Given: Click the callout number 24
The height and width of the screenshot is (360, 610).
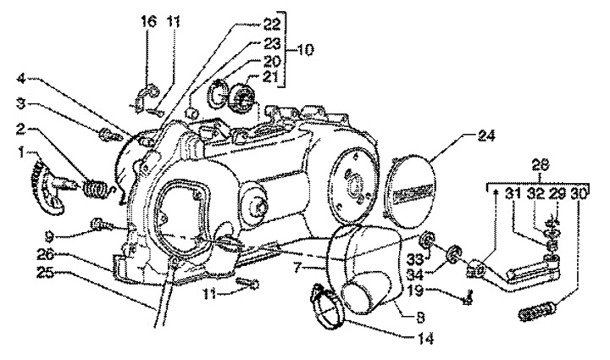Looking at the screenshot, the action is pyautogui.click(x=485, y=136).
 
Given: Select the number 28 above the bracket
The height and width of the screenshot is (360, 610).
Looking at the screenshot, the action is pyautogui.click(x=540, y=165).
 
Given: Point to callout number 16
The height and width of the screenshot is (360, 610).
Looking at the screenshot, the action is pyautogui.click(x=148, y=21).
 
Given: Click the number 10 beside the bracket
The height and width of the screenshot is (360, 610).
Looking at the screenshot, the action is pyautogui.click(x=305, y=50).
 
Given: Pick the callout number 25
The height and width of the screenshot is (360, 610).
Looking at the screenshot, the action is pyautogui.click(x=47, y=272).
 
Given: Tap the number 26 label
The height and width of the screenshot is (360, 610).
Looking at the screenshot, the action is pyautogui.click(x=47, y=255).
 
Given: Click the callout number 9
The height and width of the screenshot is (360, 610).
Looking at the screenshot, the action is pyautogui.click(x=48, y=235).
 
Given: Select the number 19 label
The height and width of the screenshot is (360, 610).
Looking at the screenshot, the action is pyautogui.click(x=416, y=290).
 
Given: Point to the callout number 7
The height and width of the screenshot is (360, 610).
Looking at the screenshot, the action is pyautogui.click(x=297, y=268).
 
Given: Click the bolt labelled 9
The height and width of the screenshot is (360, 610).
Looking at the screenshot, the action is pyautogui.click(x=100, y=224).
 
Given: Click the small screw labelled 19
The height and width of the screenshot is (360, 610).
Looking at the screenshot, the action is pyautogui.click(x=469, y=297).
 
